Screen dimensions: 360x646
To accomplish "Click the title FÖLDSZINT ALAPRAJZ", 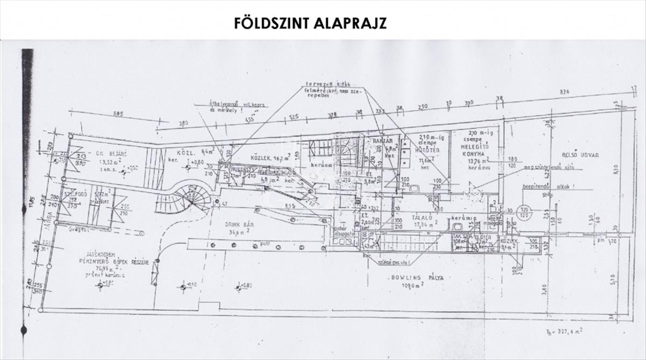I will (x=310, y=23).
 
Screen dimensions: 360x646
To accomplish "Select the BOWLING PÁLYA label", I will (x=413, y=278).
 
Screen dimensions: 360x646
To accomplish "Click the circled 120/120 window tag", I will (x=523, y=210).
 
